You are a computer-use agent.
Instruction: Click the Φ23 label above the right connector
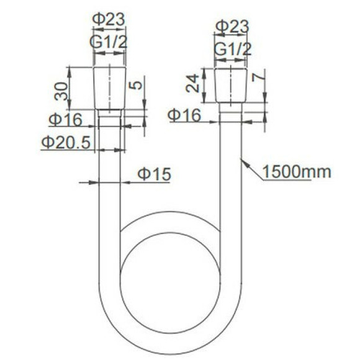(x=232, y=26)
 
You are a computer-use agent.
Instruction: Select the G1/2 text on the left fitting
(x=109, y=43)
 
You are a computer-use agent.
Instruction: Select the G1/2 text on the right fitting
(x=232, y=49)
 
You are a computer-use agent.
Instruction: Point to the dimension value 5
(x=137, y=84)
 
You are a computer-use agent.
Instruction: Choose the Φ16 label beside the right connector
(x=186, y=114)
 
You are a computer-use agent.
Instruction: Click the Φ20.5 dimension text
(x=66, y=142)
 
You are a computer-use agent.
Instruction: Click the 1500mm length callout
(x=296, y=171)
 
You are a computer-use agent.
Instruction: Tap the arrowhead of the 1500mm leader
(x=244, y=162)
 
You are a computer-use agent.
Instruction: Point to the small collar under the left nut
(x=109, y=114)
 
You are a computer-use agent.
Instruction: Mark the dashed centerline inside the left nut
(x=109, y=87)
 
